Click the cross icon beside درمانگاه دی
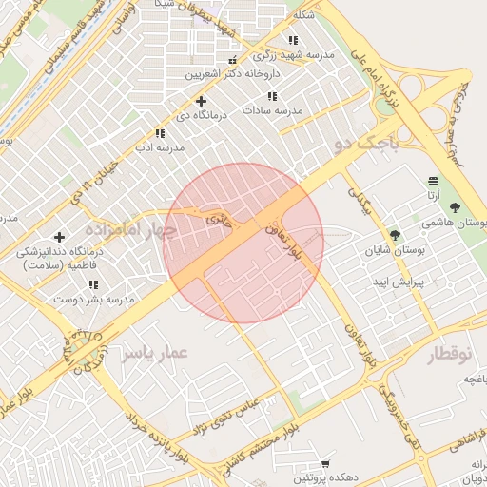tap(201, 101)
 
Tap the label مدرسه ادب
tap(159, 147)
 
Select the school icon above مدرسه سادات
tap(273, 96)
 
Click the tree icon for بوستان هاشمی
tap(456, 206)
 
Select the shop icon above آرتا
tap(434, 181)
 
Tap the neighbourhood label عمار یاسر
tap(155, 354)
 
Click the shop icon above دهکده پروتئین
tap(326, 463)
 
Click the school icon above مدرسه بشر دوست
tap(93, 284)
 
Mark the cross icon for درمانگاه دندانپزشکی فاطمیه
tap(60, 237)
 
